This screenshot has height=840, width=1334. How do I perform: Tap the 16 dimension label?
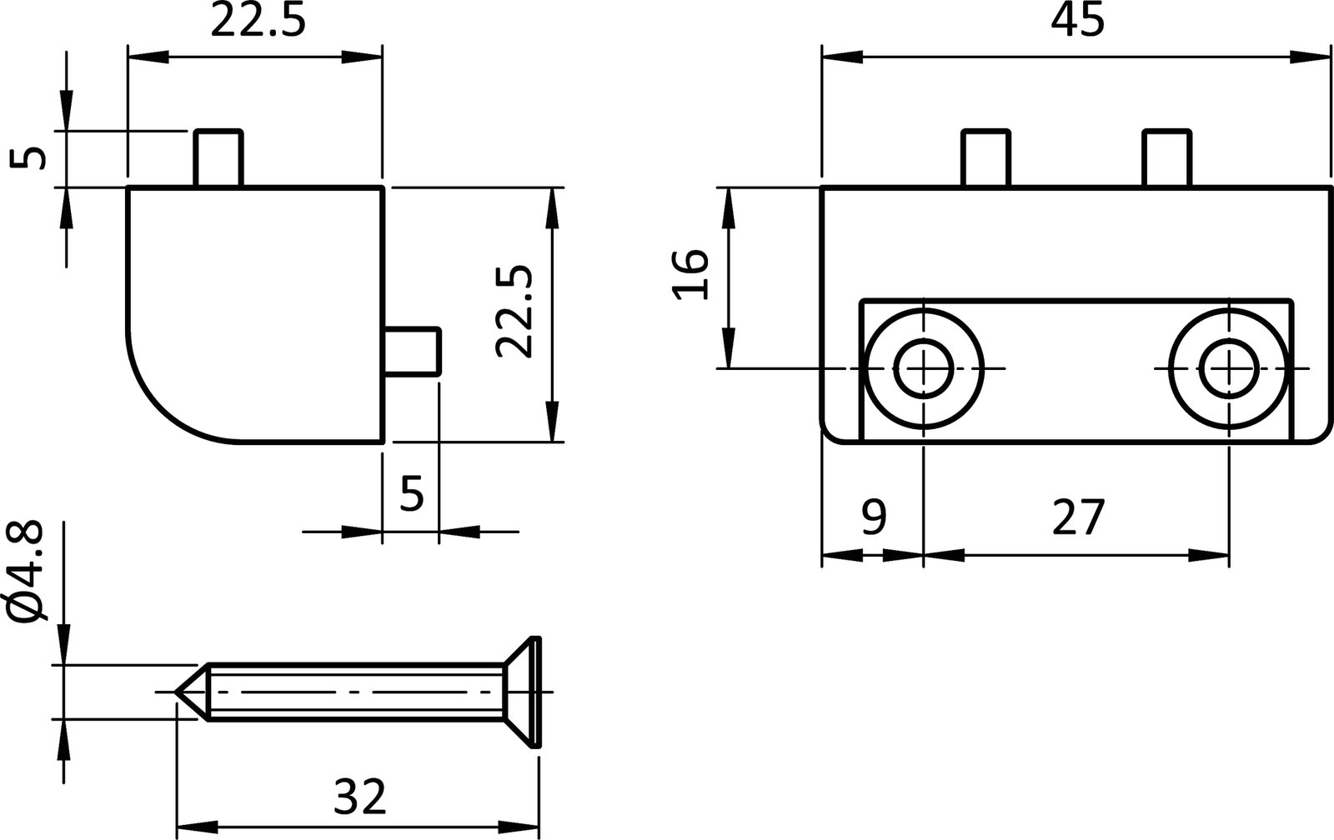click(x=691, y=273)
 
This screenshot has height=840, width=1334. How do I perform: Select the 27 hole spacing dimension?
click(x=1077, y=517)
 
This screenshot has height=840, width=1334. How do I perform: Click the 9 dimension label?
click(x=872, y=517)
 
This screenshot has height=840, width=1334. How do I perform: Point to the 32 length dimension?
click(x=360, y=797)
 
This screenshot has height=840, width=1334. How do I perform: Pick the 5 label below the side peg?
click(x=412, y=493)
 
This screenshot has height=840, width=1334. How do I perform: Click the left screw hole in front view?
click(x=924, y=368)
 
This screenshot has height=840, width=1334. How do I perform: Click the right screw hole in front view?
click(x=1230, y=368)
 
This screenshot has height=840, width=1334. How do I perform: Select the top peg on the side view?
click(x=219, y=158)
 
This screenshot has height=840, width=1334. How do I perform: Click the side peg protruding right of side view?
click(x=413, y=351)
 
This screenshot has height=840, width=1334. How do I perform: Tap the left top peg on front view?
click(x=985, y=158)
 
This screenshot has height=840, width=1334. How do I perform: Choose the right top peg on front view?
click(x=1166, y=158)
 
